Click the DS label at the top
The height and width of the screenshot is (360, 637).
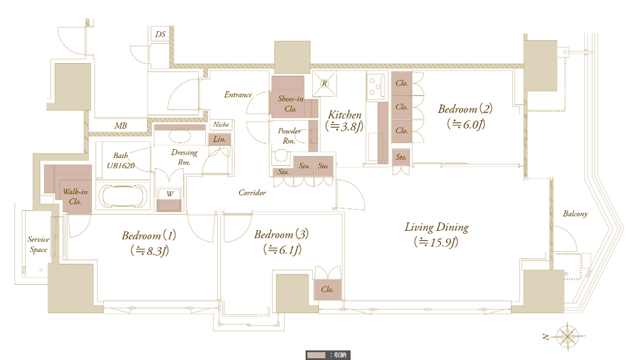pos(161,34)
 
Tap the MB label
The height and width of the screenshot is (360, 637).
pos(120,126)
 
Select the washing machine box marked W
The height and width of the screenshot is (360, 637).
pos(169,199)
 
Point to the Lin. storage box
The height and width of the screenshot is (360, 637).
pos(219,140)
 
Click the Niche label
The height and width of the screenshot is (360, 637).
pos(221,125)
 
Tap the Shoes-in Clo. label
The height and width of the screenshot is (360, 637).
pos(290,104)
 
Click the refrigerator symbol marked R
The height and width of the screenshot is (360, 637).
pos(324,83)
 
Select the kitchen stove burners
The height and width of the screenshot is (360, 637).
pos(375,86)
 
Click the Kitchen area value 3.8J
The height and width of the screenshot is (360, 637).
pos(344,126)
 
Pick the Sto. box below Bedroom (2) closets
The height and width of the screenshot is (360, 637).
pos(401,157)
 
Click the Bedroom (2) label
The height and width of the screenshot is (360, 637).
pos(465,109)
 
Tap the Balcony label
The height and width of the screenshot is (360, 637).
pos(575,213)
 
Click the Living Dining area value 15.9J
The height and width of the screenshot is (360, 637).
pos(436,242)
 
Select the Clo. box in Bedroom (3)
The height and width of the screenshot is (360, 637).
pos(327,290)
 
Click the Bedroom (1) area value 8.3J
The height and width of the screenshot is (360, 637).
pos(150,250)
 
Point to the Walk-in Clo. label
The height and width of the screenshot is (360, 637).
pos(75,197)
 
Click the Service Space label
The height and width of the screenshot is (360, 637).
pos(38,245)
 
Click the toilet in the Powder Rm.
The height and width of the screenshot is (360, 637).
pos(281,156)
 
